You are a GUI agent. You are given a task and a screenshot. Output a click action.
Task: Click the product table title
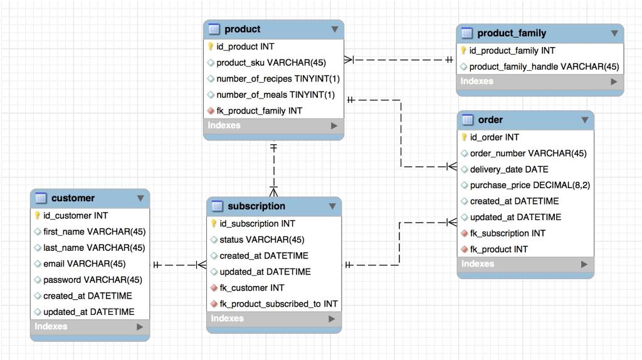tap(242, 29)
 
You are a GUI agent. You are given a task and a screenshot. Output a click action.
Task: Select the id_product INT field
tap(245, 46)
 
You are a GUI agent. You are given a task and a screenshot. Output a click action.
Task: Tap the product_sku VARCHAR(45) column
tap(271, 63)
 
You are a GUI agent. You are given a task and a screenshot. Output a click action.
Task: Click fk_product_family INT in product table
tap(259, 111)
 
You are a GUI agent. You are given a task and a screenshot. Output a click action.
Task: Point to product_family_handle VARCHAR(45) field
tap(544, 66)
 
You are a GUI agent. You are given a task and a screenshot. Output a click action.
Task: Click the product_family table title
tap(512, 33)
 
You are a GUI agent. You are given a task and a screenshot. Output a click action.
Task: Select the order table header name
tap(490, 120)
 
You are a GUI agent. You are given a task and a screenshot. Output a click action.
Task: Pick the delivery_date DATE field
tap(509, 169)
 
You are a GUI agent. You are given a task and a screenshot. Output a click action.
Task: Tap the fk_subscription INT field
tap(507, 233)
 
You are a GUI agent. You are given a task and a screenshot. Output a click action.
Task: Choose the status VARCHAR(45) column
tap(261, 240)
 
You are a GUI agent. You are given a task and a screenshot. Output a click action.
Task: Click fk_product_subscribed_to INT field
tap(278, 304)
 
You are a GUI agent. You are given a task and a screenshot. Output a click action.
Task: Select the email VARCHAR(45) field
tap(84, 264)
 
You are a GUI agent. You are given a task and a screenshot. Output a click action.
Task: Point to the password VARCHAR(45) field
tap(92, 280)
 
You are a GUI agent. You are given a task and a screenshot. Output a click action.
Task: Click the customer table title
tap(73, 198)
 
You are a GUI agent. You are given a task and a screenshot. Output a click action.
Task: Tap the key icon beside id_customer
tap(38, 216)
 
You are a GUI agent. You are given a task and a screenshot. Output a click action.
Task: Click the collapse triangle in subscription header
tap(332, 206)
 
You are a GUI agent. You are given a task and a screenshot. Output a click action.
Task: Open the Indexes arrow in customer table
tap(139, 327)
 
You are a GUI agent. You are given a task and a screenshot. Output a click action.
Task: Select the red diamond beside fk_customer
tap(214, 288)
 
